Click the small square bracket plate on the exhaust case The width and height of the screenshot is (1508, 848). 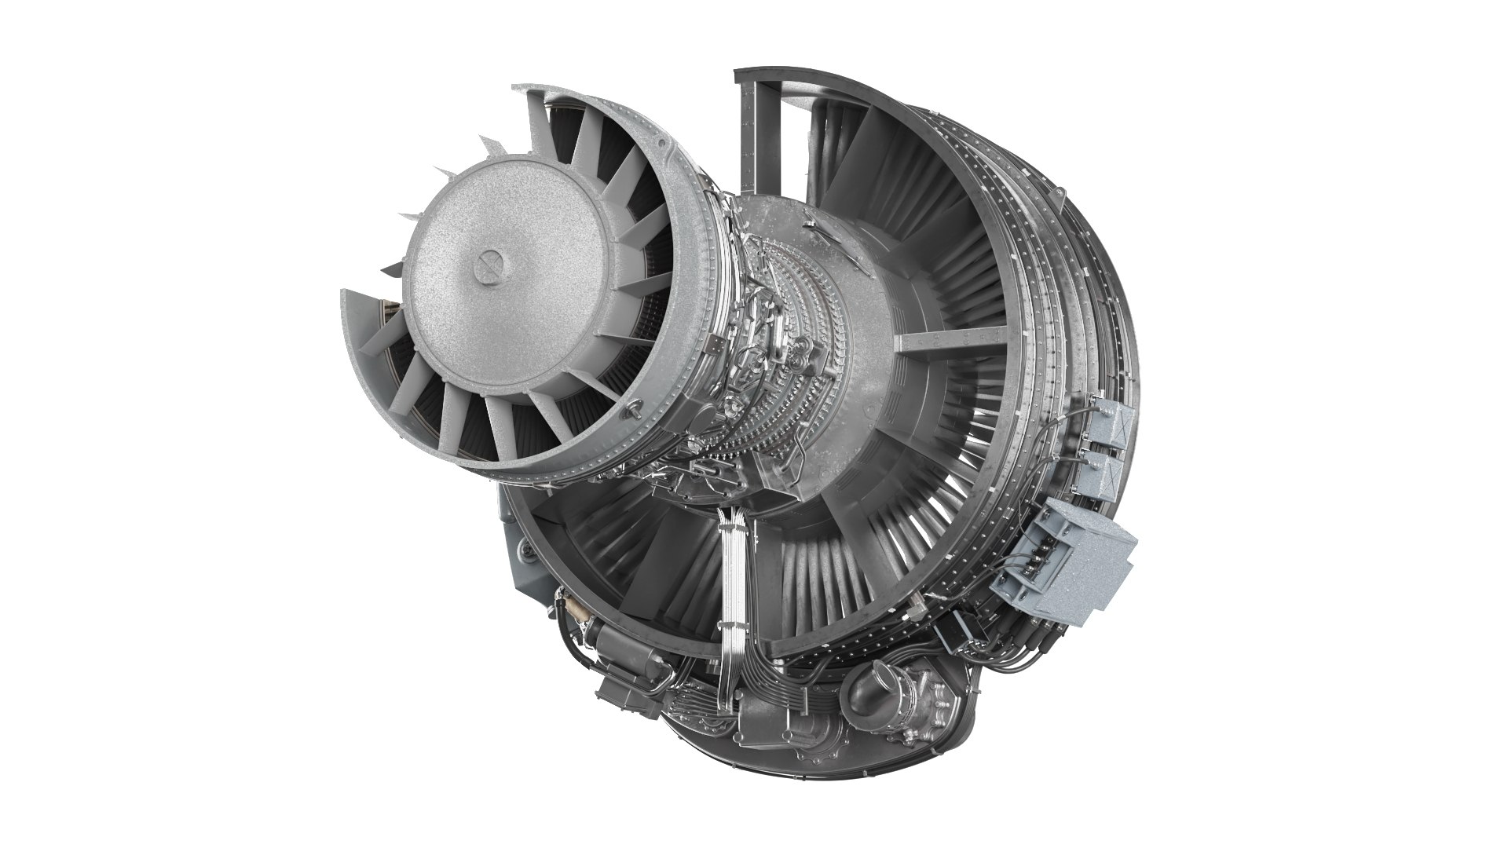pyautogui.click(x=713, y=346)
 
